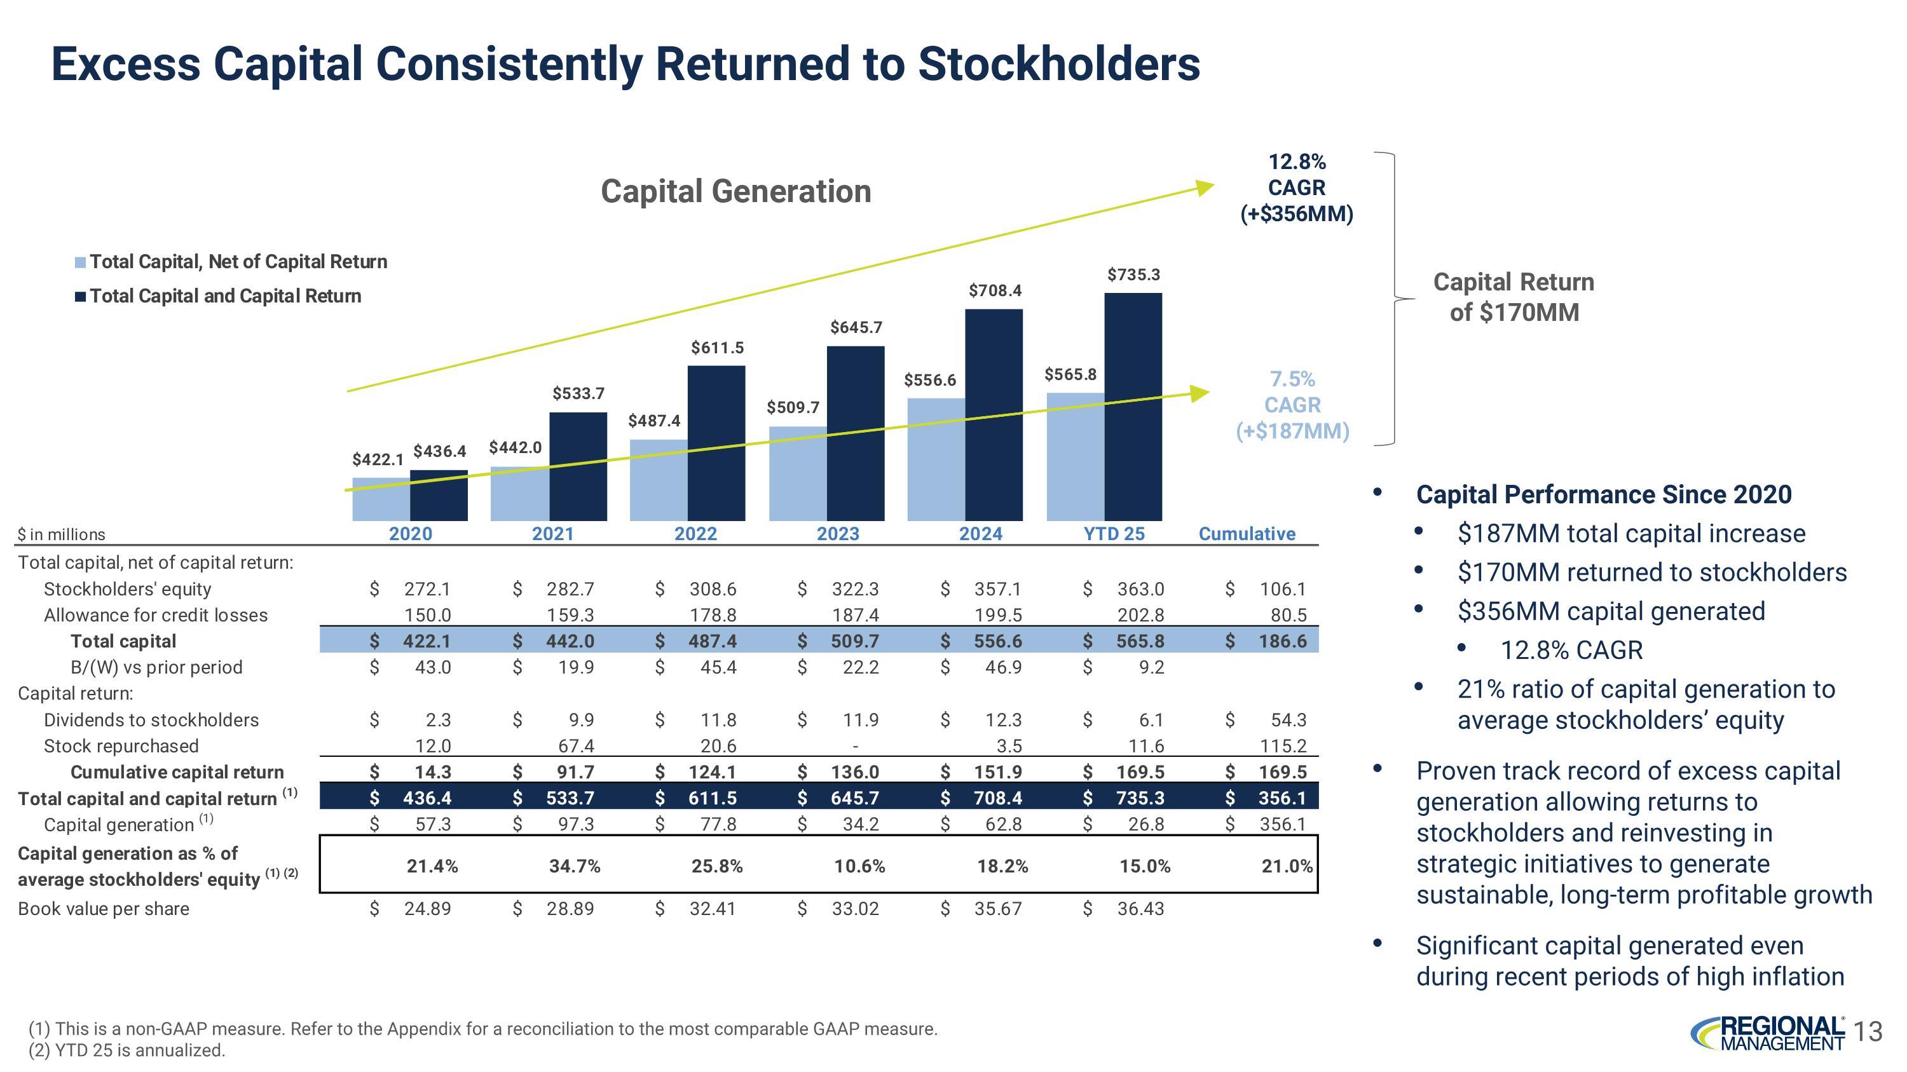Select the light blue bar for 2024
click(x=936, y=459)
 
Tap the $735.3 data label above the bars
click(x=1133, y=275)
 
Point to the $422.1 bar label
click(x=378, y=459)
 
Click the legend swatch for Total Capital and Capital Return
click(x=80, y=297)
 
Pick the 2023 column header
click(x=837, y=533)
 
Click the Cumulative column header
click(x=1247, y=533)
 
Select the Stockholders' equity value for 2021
click(x=570, y=589)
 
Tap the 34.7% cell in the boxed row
click(x=575, y=865)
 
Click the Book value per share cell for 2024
click(x=997, y=909)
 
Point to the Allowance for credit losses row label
click(x=156, y=614)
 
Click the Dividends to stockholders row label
click(x=151, y=720)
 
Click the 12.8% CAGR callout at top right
click(x=1296, y=188)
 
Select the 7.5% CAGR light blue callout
click(x=1292, y=405)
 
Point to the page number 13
click(x=1869, y=1031)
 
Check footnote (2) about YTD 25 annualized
click(x=126, y=1050)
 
